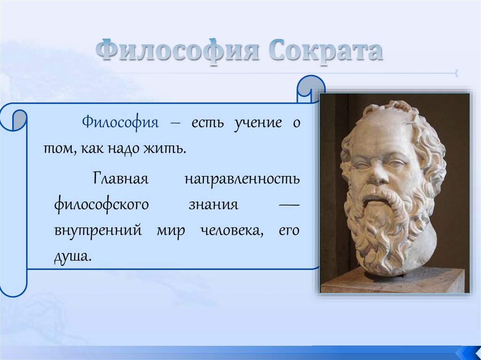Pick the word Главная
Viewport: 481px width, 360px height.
(121, 178)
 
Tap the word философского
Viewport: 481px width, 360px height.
(101, 205)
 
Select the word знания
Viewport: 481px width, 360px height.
(214, 204)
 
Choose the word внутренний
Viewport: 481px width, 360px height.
(98, 230)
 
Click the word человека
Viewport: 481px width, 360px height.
(232, 230)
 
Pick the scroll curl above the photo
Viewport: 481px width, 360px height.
(310, 89)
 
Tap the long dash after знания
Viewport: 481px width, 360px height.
(289, 204)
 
